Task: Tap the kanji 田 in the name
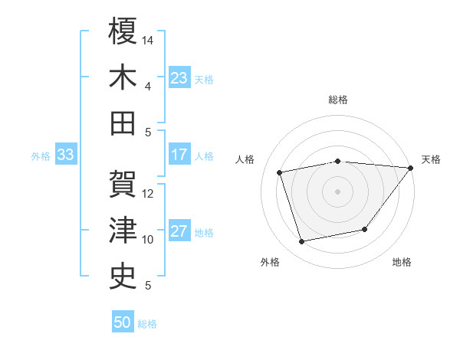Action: point(123,122)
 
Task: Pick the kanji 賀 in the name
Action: point(123,182)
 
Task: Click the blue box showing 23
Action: point(179,77)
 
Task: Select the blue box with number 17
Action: point(179,155)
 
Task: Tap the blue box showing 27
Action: point(179,232)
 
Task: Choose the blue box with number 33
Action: point(65,155)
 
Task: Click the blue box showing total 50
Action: point(123,322)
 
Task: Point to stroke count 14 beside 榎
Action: point(149,39)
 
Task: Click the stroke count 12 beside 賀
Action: point(149,193)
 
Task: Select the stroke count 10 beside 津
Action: point(149,240)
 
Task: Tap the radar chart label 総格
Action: point(338,100)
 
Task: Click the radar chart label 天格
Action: point(431,159)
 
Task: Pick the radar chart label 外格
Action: point(270,262)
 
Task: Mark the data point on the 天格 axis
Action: point(410,168)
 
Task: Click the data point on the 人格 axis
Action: point(280,172)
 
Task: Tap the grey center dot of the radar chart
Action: point(337,191)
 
